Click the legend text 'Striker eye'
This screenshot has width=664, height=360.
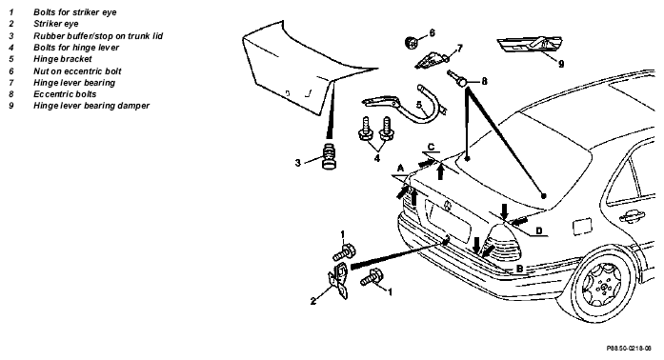pyautogui.click(x=56, y=24)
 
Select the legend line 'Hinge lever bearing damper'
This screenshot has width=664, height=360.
pyautogui.click(x=91, y=106)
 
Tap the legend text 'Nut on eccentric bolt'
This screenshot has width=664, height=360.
pyautogui.click(x=77, y=71)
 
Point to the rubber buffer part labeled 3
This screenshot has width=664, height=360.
pyautogui.click(x=328, y=155)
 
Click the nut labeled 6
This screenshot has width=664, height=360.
pyautogui.click(x=411, y=42)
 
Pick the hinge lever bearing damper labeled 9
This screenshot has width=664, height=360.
pyautogui.click(x=530, y=45)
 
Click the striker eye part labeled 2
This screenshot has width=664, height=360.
pyautogui.click(x=340, y=280)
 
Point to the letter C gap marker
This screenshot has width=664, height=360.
pyautogui.click(x=431, y=147)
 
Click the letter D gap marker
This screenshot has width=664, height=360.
pyautogui.click(x=538, y=230)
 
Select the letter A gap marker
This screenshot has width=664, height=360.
pyautogui.click(x=400, y=169)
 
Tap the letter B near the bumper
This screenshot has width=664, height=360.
pyautogui.click(x=519, y=268)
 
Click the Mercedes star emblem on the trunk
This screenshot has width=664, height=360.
pyautogui.click(x=447, y=206)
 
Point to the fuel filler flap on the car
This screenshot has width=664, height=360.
pyautogui.click(x=581, y=226)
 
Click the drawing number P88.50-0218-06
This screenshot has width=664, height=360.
pyautogui.click(x=629, y=349)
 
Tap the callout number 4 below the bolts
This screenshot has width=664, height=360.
pyautogui.click(x=377, y=158)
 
